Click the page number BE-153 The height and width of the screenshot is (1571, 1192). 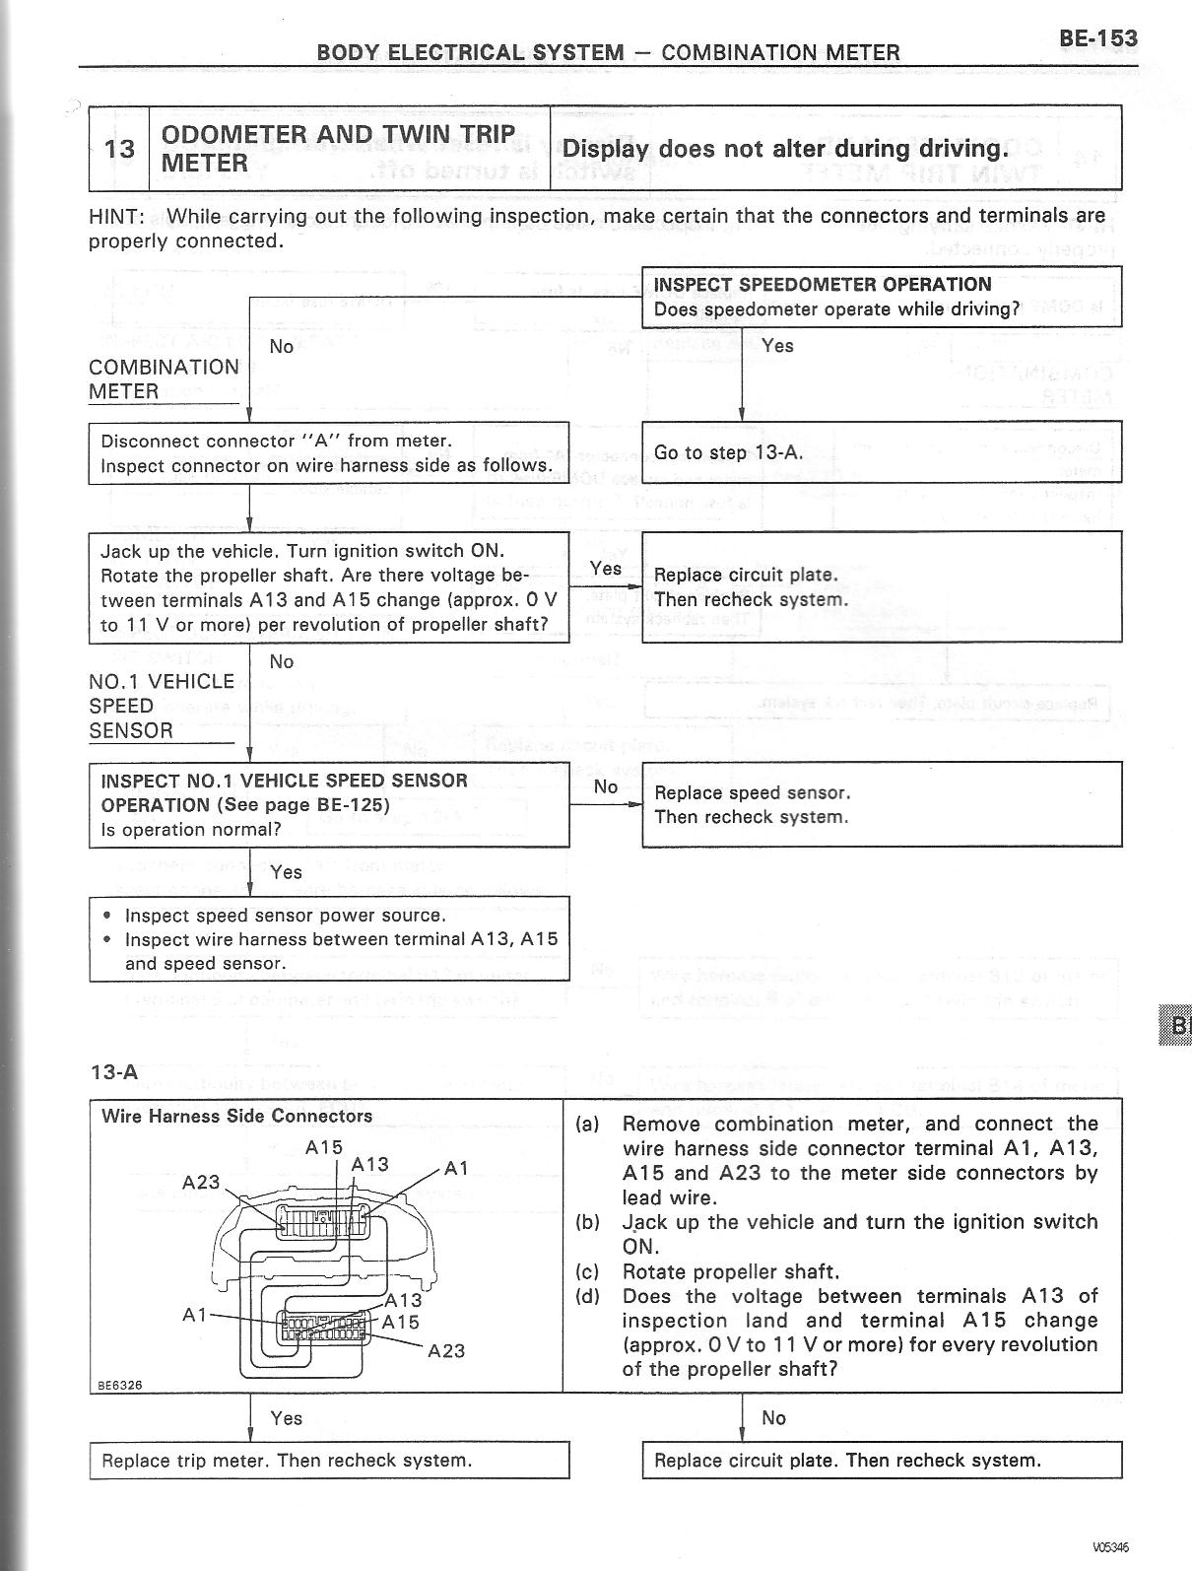pyautogui.click(x=1097, y=38)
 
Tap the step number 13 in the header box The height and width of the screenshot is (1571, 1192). pyautogui.click(x=119, y=149)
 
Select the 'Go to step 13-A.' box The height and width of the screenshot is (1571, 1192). pyautogui.click(x=729, y=453)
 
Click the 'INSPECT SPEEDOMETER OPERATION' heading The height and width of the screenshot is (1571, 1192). pyautogui.click(x=823, y=285)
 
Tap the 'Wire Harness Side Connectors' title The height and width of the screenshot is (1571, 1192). pyautogui.click(x=236, y=1116)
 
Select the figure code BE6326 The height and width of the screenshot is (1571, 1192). pyautogui.click(x=119, y=1384)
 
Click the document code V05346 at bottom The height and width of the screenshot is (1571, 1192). pyautogui.click(x=1111, y=1545)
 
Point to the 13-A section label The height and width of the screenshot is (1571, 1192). pyautogui.click(x=114, y=1072)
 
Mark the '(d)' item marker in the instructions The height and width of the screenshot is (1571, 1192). pyautogui.click(x=587, y=1296)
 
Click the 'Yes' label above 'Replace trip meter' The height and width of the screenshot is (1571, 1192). pyautogui.click(x=286, y=1418)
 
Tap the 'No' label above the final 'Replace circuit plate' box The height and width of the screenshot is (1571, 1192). pyautogui.click(x=773, y=1418)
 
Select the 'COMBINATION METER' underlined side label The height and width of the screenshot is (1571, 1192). pyautogui.click(x=163, y=379)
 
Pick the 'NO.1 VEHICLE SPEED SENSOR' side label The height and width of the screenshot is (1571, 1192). pyautogui.click(x=162, y=706)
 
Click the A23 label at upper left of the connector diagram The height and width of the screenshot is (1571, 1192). pyautogui.click(x=201, y=1181)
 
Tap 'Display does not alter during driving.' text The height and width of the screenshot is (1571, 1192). pyautogui.click(x=785, y=149)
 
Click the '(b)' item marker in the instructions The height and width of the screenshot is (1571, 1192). pyautogui.click(x=587, y=1222)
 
